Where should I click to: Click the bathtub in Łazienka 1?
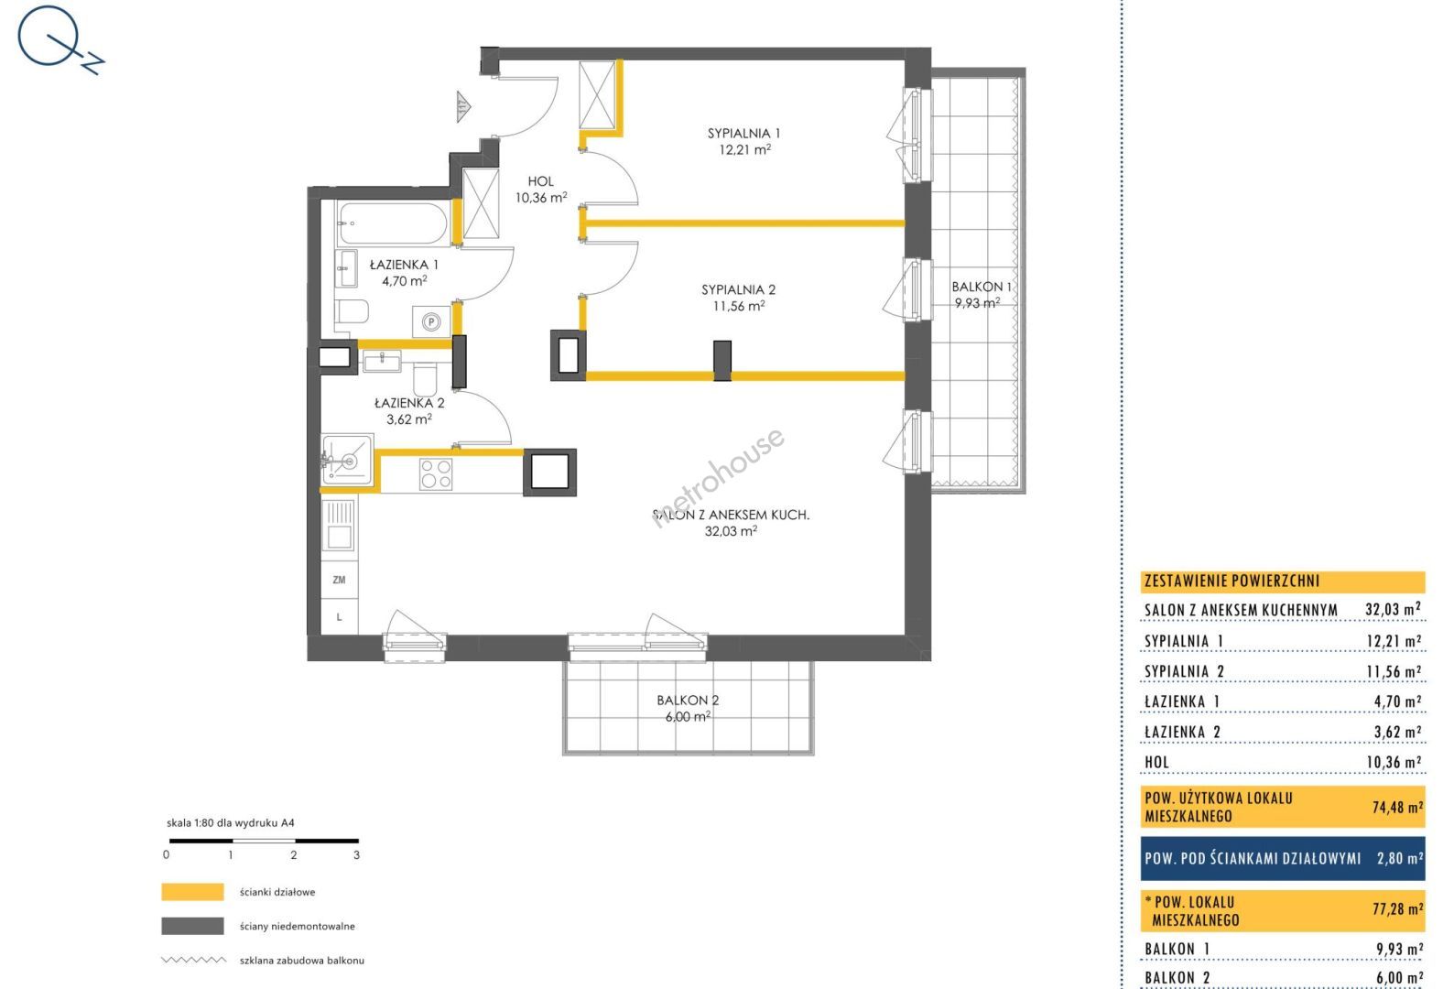pos(392,223)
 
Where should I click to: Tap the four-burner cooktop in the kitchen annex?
pos(436,474)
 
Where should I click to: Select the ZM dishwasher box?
pos(340,580)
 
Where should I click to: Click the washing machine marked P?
pos(431,321)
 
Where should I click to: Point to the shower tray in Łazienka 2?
pos(348,460)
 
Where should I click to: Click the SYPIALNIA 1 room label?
pos(743,134)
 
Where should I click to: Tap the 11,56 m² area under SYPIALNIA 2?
pos(739,306)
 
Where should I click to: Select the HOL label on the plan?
pos(540,181)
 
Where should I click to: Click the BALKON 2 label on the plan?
pos(688,700)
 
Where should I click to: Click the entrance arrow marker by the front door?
pos(463,106)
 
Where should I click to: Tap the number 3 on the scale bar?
pos(356,855)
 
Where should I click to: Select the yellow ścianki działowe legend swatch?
pos(192,892)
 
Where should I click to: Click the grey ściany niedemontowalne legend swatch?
pos(192,926)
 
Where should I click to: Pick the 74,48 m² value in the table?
pos(1397,807)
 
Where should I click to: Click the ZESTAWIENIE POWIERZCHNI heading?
pos(1231,581)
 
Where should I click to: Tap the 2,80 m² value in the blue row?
pos(1400,858)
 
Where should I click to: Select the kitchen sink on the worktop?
pos(339,525)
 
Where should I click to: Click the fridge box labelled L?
pos(340,616)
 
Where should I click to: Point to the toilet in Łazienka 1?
pos(352,311)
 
